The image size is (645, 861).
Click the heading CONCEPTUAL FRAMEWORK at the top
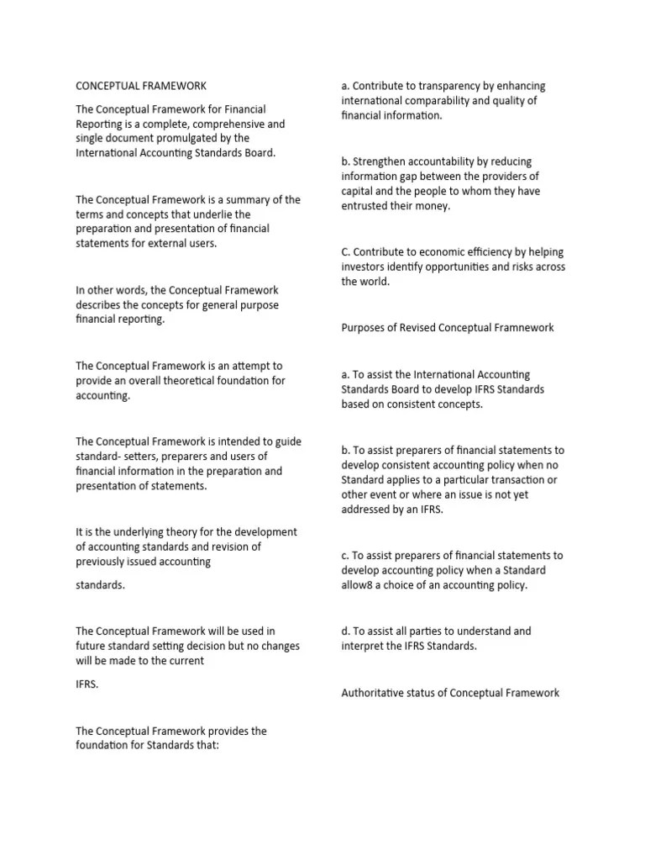tap(141, 85)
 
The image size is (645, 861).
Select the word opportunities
tap(466, 267)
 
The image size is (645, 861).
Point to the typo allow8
tap(359, 585)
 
